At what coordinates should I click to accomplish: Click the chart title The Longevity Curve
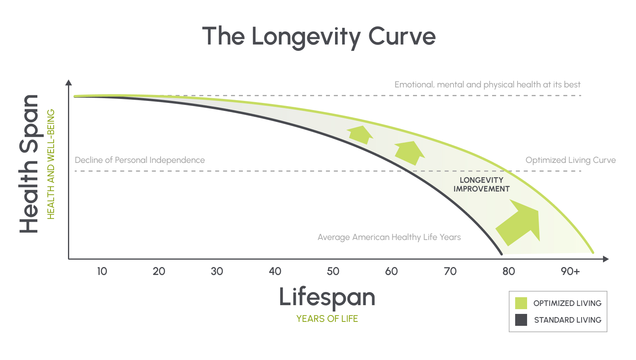319,37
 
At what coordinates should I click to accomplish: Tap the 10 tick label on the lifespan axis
102,271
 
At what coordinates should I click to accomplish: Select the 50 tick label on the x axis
333,271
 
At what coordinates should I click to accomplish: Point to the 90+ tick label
570,271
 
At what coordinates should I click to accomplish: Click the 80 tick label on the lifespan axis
508,271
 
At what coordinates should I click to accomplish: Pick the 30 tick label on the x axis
217,271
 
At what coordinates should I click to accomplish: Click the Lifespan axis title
327,297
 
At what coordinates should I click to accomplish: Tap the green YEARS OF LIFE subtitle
327,319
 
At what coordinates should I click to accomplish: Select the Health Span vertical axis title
29,164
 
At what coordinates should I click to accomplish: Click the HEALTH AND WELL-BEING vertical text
51,164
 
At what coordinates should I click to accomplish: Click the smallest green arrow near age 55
360,134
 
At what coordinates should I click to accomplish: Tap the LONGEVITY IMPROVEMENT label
481,184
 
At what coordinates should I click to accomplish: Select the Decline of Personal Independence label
140,160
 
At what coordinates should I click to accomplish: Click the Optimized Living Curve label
570,160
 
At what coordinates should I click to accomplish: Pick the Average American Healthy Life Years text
389,237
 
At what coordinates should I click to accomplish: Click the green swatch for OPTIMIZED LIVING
521,303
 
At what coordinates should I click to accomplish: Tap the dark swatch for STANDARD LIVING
521,320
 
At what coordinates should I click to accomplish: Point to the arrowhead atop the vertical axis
69,82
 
